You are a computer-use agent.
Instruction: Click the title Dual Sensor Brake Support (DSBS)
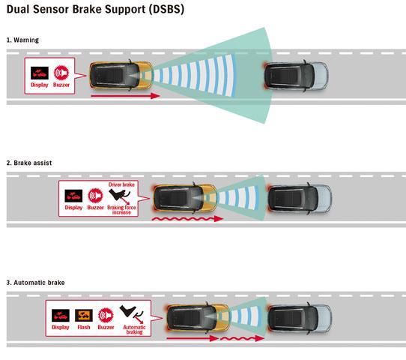click(95, 9)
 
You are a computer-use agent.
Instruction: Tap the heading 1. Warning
click(22, 40)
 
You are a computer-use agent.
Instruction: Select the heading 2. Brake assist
click(29, 163)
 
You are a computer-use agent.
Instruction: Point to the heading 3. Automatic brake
click(35, 283)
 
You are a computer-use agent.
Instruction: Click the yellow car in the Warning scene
click(121, 76)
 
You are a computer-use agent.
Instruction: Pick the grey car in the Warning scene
click(296, 76)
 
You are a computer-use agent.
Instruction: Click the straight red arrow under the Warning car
click(125, 96)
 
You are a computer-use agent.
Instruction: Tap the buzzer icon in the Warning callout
click(61, 73)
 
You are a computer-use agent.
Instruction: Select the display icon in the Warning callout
click(40, 73)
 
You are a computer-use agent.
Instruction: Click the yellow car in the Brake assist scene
click(185, 198)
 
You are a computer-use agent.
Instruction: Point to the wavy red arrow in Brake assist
click(187, 219)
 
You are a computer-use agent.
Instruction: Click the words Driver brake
click(121, 184)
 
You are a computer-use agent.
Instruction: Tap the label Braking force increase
click(121, 210)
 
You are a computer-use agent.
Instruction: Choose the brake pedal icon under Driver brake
click(120, 196)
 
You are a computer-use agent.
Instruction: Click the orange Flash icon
click(84, 316)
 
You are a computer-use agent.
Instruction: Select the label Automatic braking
click(134, 329)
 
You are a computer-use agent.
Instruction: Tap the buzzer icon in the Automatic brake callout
click(106, 316)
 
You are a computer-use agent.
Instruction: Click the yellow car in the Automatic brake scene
click(197, 318)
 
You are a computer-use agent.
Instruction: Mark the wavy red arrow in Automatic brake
click(242, 338)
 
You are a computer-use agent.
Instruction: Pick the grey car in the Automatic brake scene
click(299, 318)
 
